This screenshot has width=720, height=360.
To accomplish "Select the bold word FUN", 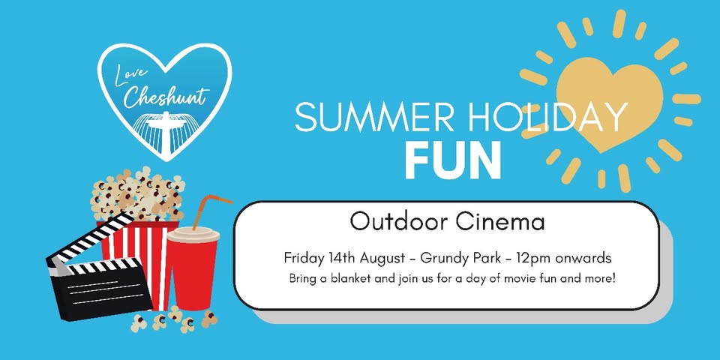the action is point(452,160).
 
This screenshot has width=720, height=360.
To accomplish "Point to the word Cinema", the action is point(500,222).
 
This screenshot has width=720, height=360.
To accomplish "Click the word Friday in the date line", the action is point(304,259).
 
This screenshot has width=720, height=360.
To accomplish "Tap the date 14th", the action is point(343,258).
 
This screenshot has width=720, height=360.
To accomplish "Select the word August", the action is point(381,259).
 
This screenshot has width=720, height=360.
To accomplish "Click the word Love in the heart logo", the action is point(130,75).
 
